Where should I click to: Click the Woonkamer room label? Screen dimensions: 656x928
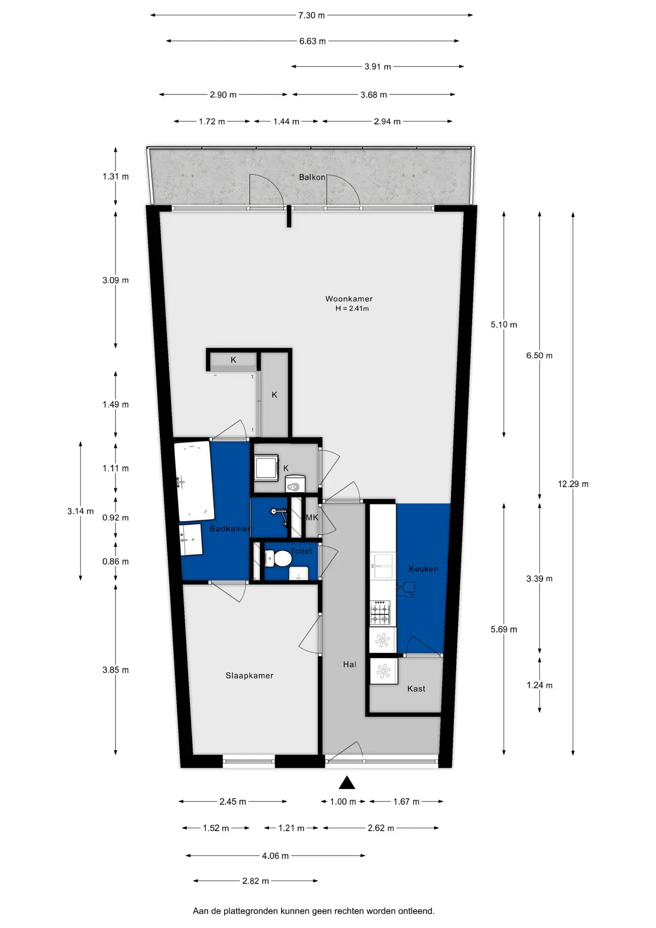pyautogui.click(x=349, y=299)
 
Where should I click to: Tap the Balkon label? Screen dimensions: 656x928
pyautogui.click(x=312, y=177)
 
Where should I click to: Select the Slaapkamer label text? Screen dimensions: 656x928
pyautogui.click(x=249, y=675)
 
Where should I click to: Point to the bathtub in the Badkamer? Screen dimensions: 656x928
pyautogui.click(x=194, y=481)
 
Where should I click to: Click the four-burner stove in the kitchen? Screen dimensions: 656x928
pyautogui.click(x=380, y=613)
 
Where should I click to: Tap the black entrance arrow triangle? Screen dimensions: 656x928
pyautogui.click(x=347, y=782)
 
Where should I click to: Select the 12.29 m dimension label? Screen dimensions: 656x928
pyautogui.click(x=573, y=484)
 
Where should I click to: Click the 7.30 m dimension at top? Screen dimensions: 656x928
pyautogui.click(x=311, y=15)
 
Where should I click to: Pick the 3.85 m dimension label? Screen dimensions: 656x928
pyautogui.click(x=115, y=670)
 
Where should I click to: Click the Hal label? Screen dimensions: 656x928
pyautogui.click(x=350, y=665)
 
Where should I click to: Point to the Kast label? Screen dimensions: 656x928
pyautogui.click(x=416, y=689)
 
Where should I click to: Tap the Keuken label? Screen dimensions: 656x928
pyautogui.click(x=424, y=569)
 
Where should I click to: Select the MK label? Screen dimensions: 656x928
pyautogui.click(x=312, y=517)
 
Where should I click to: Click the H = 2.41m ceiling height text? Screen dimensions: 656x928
pyautogui.click(x=352, y=308)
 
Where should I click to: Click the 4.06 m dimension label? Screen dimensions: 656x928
pyautogui.click(x=275, y=856)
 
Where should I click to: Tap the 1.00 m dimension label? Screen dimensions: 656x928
pyautogui.click(x=343, y=802)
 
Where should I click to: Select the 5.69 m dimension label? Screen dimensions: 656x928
pyautogui.click(x=504, y=629)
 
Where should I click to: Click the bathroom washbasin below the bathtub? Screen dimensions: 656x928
pyautogui.click(x=191, y=540)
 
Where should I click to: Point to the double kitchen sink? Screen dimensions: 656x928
pyautogui.click(x=382, y=566)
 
